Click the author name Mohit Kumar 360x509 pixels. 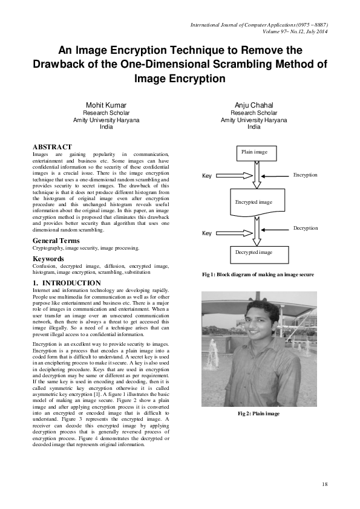[x=106, y=105]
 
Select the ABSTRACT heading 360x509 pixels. [x=52, y=147]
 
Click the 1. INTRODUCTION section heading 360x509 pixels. [x=67, y=283]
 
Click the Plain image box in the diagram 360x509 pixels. [x=254, y=152]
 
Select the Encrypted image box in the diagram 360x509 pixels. [x=254, y=202]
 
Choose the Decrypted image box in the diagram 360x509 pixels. [x=254, y=252]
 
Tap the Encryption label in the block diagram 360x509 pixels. [x=305, y=175]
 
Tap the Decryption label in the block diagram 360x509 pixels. [x=305, y=228]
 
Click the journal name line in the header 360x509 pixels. [x=259, y=25]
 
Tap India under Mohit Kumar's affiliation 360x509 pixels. [x=106, y=128]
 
